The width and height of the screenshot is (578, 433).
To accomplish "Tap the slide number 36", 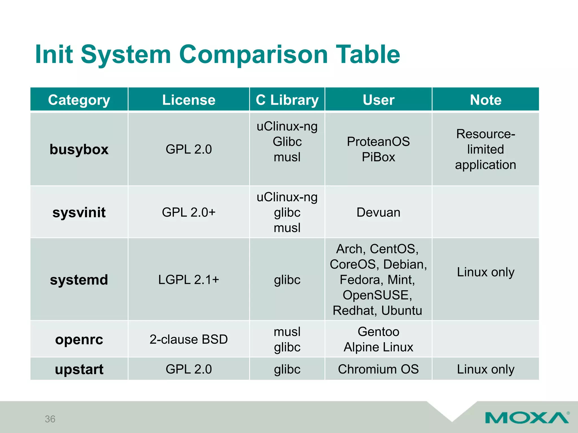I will pyautogui.click(x=50, y=419).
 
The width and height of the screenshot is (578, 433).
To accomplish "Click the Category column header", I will pyautogui.click(x=79, y=100).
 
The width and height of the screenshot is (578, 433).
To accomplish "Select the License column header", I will pyautogui.click(x=189, y=100).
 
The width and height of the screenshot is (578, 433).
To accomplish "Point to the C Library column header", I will pyautogui.click(x=287, y=100).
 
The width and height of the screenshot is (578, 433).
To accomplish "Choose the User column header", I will pyautogui.click(x=378, y=100).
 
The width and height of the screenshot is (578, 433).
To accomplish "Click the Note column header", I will pyautogui.click(x=485, y=100).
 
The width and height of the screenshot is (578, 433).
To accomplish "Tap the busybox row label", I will pyautogui.click(x=79, y=149).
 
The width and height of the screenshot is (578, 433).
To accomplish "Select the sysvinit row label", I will pyautogui.click(x=79, y=212).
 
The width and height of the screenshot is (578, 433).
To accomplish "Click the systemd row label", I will pyautogui.click(x=79, y=280).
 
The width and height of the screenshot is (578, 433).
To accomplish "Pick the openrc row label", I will pyautogui.click(x=79, y=339).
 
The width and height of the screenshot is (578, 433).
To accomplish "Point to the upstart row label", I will pyautogui.click(x=79, y=369).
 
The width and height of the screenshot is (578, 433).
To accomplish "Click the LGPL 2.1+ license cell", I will pyautogui.click(x=189, y=280).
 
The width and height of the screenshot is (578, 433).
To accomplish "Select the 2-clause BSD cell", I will pyautogui.click(x=189, y=339).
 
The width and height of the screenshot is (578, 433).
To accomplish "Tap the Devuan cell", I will pyautogui.click(x=378, y=212).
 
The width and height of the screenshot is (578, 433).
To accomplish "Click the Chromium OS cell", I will pyautogui.click(x=378, y=369).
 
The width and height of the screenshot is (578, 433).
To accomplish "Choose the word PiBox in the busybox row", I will pyautogui.click(x=378, y=157).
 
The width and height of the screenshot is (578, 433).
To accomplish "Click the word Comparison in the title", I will pyautogui.click(x=253, y=54).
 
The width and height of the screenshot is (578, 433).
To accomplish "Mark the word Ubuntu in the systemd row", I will pyautogui.click(x=402, y=310).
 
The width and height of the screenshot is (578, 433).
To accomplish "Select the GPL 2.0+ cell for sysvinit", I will pyautogui.click(x=189, y=212).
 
